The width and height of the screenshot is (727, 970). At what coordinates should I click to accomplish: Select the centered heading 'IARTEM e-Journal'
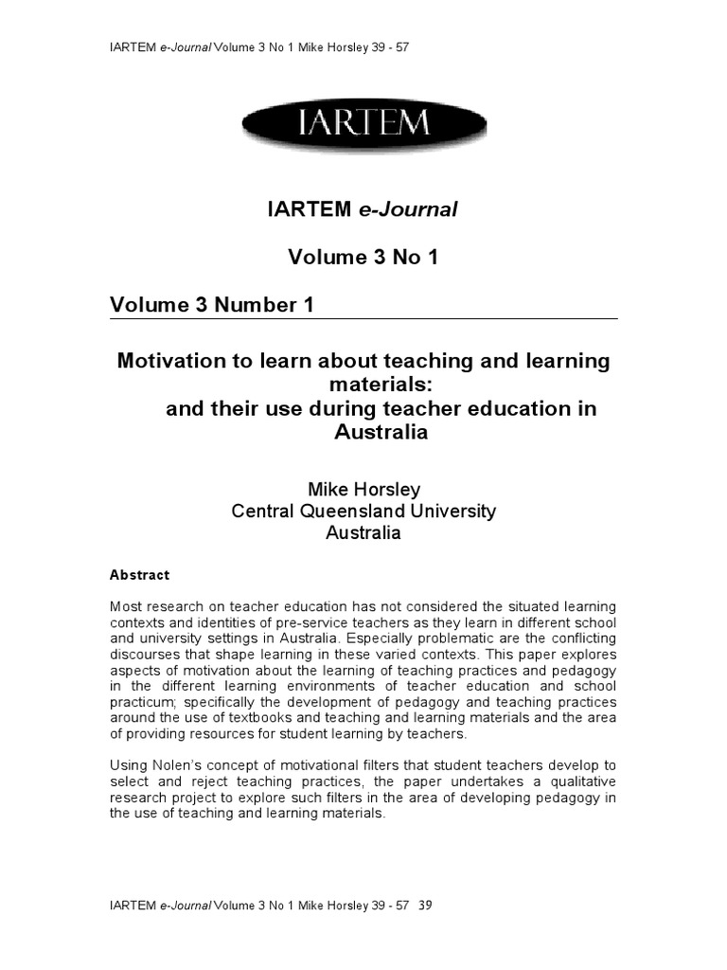tap(363, 210)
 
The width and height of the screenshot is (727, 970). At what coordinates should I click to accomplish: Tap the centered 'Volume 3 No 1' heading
tap(363, 258)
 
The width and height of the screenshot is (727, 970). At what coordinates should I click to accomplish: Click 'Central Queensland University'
tap(363, 512)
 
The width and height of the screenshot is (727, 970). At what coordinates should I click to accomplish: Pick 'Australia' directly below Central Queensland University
tap(363, 533)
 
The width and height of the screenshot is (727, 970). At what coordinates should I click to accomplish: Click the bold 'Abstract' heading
tap(139, 575)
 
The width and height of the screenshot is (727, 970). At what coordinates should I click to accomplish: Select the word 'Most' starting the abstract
tap(125, 606)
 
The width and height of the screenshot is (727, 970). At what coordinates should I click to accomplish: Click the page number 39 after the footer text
tap(425, 906)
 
